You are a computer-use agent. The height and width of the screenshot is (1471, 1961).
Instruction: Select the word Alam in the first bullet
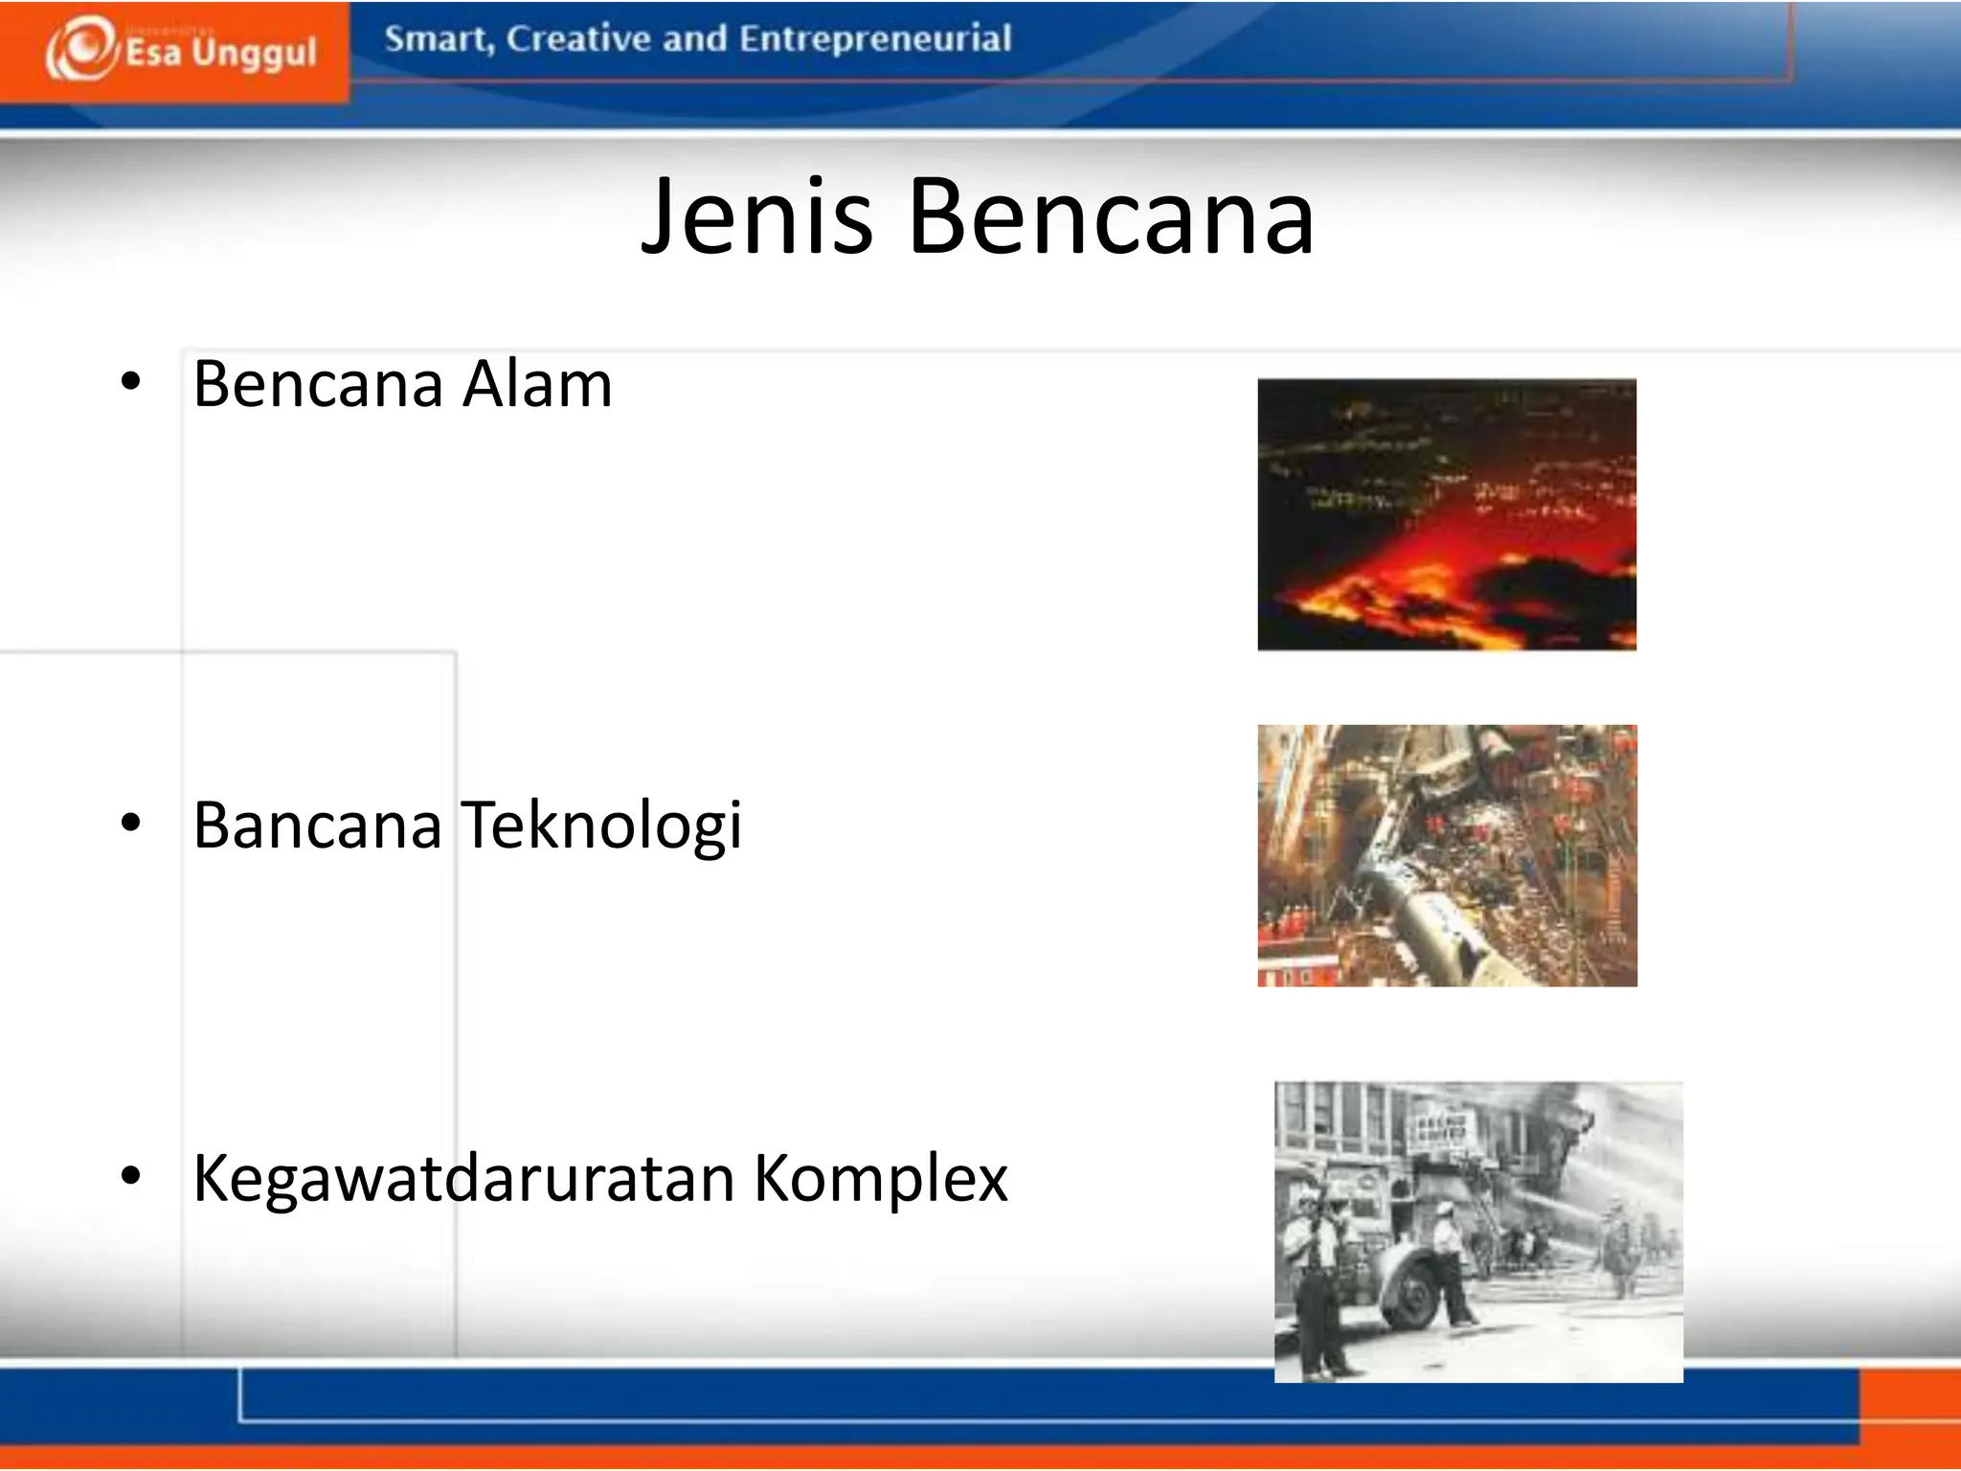pyautogui.click(x=537, y=384)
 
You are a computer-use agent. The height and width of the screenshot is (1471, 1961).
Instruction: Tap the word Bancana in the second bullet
pyautogui.click(x=317, y=825)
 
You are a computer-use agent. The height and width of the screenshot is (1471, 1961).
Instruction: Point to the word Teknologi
pyautogui.click(x=601, y=826)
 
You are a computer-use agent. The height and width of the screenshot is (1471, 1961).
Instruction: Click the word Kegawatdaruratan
pyautogui.click(x=463, y=1178)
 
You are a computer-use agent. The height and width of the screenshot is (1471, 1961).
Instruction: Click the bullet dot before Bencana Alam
pyautogui.click(x=131, y=382)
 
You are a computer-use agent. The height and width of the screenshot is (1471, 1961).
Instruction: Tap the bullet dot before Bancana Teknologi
pyautogui.click(x=131, y=822)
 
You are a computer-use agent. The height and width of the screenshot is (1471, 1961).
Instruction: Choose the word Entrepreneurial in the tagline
pyautogui.click(x=875, y=39)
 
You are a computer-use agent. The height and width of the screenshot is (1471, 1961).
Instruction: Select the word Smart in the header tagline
pyautogui.click(x=437, y=39)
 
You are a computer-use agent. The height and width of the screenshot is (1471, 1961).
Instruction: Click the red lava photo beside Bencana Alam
pyautogui.click(x=1447, y=514)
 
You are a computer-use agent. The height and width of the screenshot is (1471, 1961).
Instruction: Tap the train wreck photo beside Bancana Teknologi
pyautogui.click(x=1447, y=855)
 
